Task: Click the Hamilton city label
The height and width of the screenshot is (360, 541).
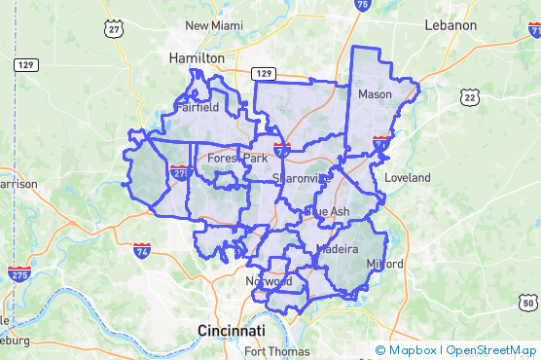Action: [x=197, y=58]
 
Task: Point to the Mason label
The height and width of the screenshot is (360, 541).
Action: [x=375, y=94]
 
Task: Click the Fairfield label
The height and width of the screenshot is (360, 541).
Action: [x=198, y=109]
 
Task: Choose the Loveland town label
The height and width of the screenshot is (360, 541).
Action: [x=407, y=178]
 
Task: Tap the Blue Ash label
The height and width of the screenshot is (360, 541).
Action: [x=327, y=211]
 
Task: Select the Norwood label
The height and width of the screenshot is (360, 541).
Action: [x=268, y=281]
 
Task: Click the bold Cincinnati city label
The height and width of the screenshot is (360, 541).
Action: [x=233, y=330]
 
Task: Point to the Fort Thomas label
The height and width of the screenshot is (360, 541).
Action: [x=277, y=351]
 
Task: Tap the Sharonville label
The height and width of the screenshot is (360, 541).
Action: [x=302, y=178]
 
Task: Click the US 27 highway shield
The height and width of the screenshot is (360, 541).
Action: [x=115, y=29]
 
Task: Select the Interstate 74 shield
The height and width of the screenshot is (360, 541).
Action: [x=142, y=250]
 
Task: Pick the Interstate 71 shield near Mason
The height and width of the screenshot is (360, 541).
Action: [x=379, y=146]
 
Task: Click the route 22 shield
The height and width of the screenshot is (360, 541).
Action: [x=471, y=96]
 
